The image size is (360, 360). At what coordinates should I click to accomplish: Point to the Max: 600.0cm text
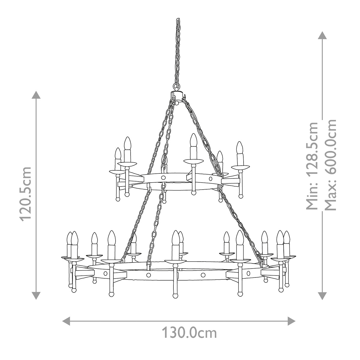tap(330, 165)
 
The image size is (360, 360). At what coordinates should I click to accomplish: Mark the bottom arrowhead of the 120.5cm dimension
tap(36, 295)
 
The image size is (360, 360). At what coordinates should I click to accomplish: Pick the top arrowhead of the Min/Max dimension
tap(322, 36)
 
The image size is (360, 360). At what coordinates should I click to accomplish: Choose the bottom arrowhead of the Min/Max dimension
tap(322, 295)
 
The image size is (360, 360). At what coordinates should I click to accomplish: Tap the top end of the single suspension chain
tap(178, 20)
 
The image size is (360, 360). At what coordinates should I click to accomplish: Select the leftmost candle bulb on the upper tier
tap(118, 154)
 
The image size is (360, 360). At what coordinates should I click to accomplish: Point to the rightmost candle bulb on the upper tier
tap(239, 148)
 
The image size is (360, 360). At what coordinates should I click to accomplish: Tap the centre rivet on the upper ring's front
tap(163, 178)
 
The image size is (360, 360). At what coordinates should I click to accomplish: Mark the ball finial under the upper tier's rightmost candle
tap(240, 196)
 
